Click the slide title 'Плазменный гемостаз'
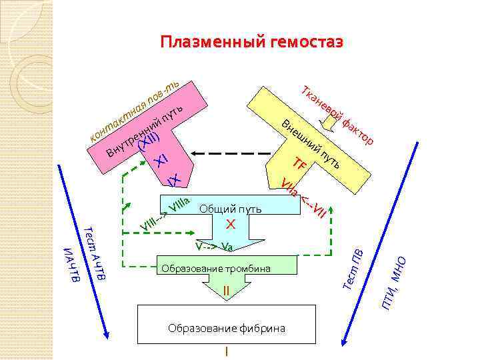click(251, 43)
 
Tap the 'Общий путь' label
click(230, 209)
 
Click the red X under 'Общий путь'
click(230, 223)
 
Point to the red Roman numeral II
click(226, 291)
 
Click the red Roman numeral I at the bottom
click(227, 351)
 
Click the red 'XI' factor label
click(161, 159)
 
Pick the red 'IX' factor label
click(174, 180)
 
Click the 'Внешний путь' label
click(311, 143)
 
